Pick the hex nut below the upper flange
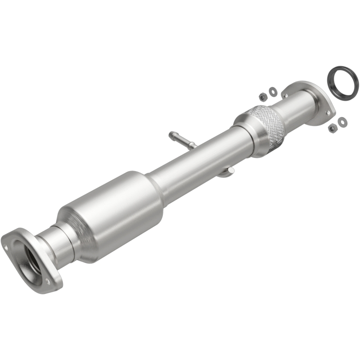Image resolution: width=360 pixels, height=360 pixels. (333, 128)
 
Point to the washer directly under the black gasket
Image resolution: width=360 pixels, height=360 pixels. (342, 121)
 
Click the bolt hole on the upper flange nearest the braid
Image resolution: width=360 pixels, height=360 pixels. (284, 94)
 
